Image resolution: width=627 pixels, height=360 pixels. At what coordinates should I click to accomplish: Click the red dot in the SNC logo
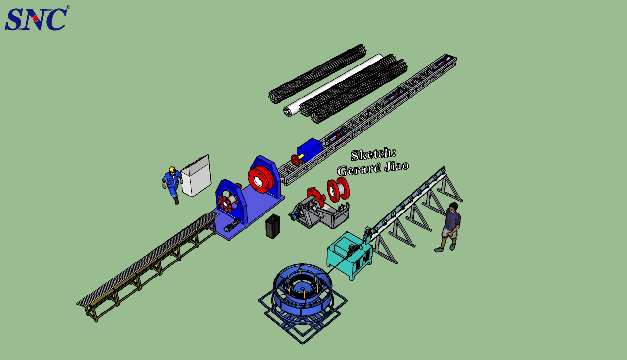click(x=35, y=18)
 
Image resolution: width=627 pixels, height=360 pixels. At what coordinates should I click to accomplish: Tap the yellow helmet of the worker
click(x=172, y=169)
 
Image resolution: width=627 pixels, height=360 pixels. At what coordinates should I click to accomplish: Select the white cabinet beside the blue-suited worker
click(x=196, y=176)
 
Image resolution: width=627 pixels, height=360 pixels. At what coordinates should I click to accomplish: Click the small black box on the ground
click(x=273, y=226)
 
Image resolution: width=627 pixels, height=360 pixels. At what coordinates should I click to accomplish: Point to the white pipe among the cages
click(x=333, y=85)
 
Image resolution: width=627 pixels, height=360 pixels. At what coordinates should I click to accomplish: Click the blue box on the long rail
click(x=310, y=149)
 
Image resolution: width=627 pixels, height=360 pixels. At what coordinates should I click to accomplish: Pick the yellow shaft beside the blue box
click(x=301, y=156)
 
